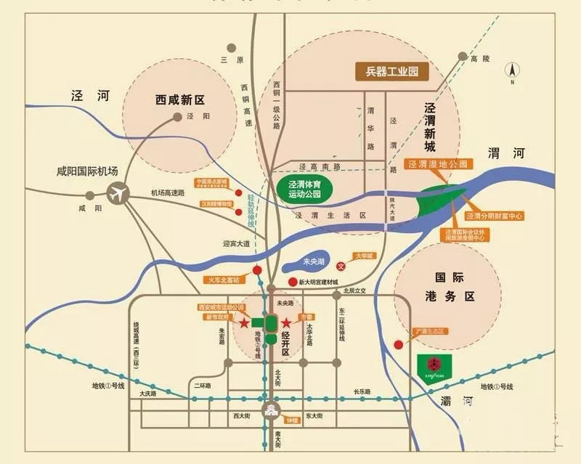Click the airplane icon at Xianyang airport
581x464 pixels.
pyautogui.click(x=116, y=194)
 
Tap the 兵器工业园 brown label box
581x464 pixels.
pyautogui.click(x=391, y=72)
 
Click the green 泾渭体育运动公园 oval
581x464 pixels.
pyautogui.click(x=305, y=189)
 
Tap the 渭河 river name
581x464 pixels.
pyautogui.click(x=505, y=153)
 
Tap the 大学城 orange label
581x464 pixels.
pyautogui.click(x=362, y=256)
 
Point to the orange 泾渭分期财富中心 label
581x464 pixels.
pyautogui.click(x=495, y=216)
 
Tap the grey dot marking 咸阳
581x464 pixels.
pyautogui.click(x=89, y=195)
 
